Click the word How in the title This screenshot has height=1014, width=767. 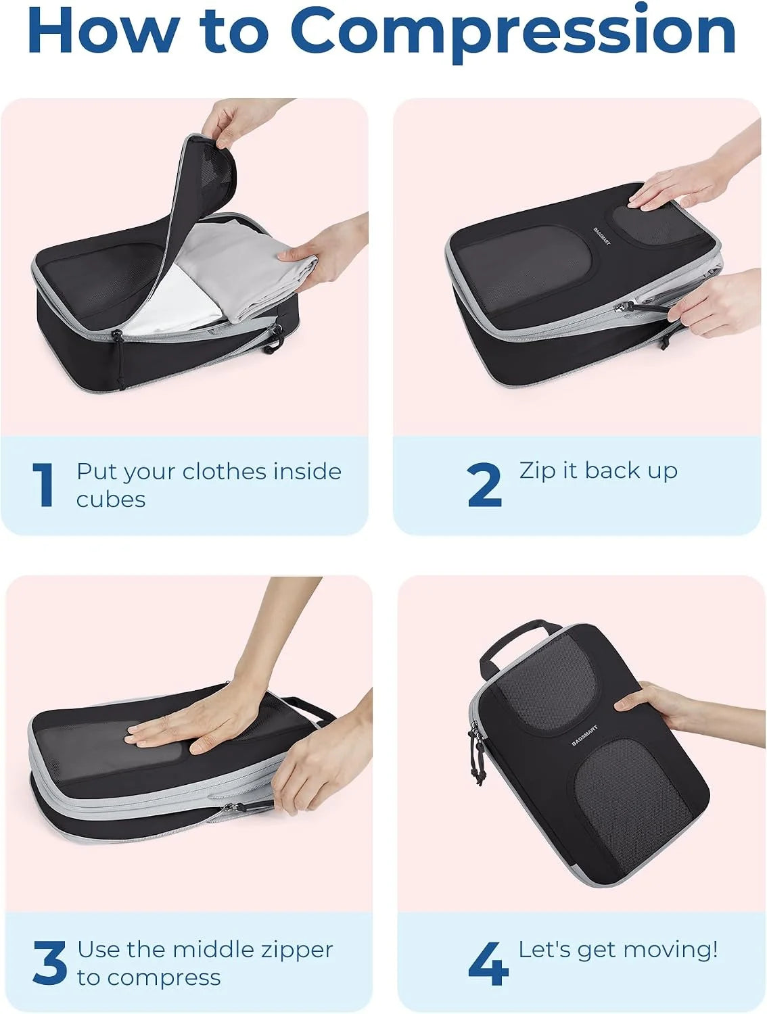103,30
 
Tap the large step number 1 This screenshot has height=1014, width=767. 44,485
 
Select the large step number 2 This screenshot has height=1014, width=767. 484,485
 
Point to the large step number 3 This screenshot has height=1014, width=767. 49,962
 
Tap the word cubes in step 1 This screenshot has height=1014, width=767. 111,500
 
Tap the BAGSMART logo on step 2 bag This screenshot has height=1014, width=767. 601,236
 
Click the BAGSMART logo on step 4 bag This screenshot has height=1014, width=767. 584,735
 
